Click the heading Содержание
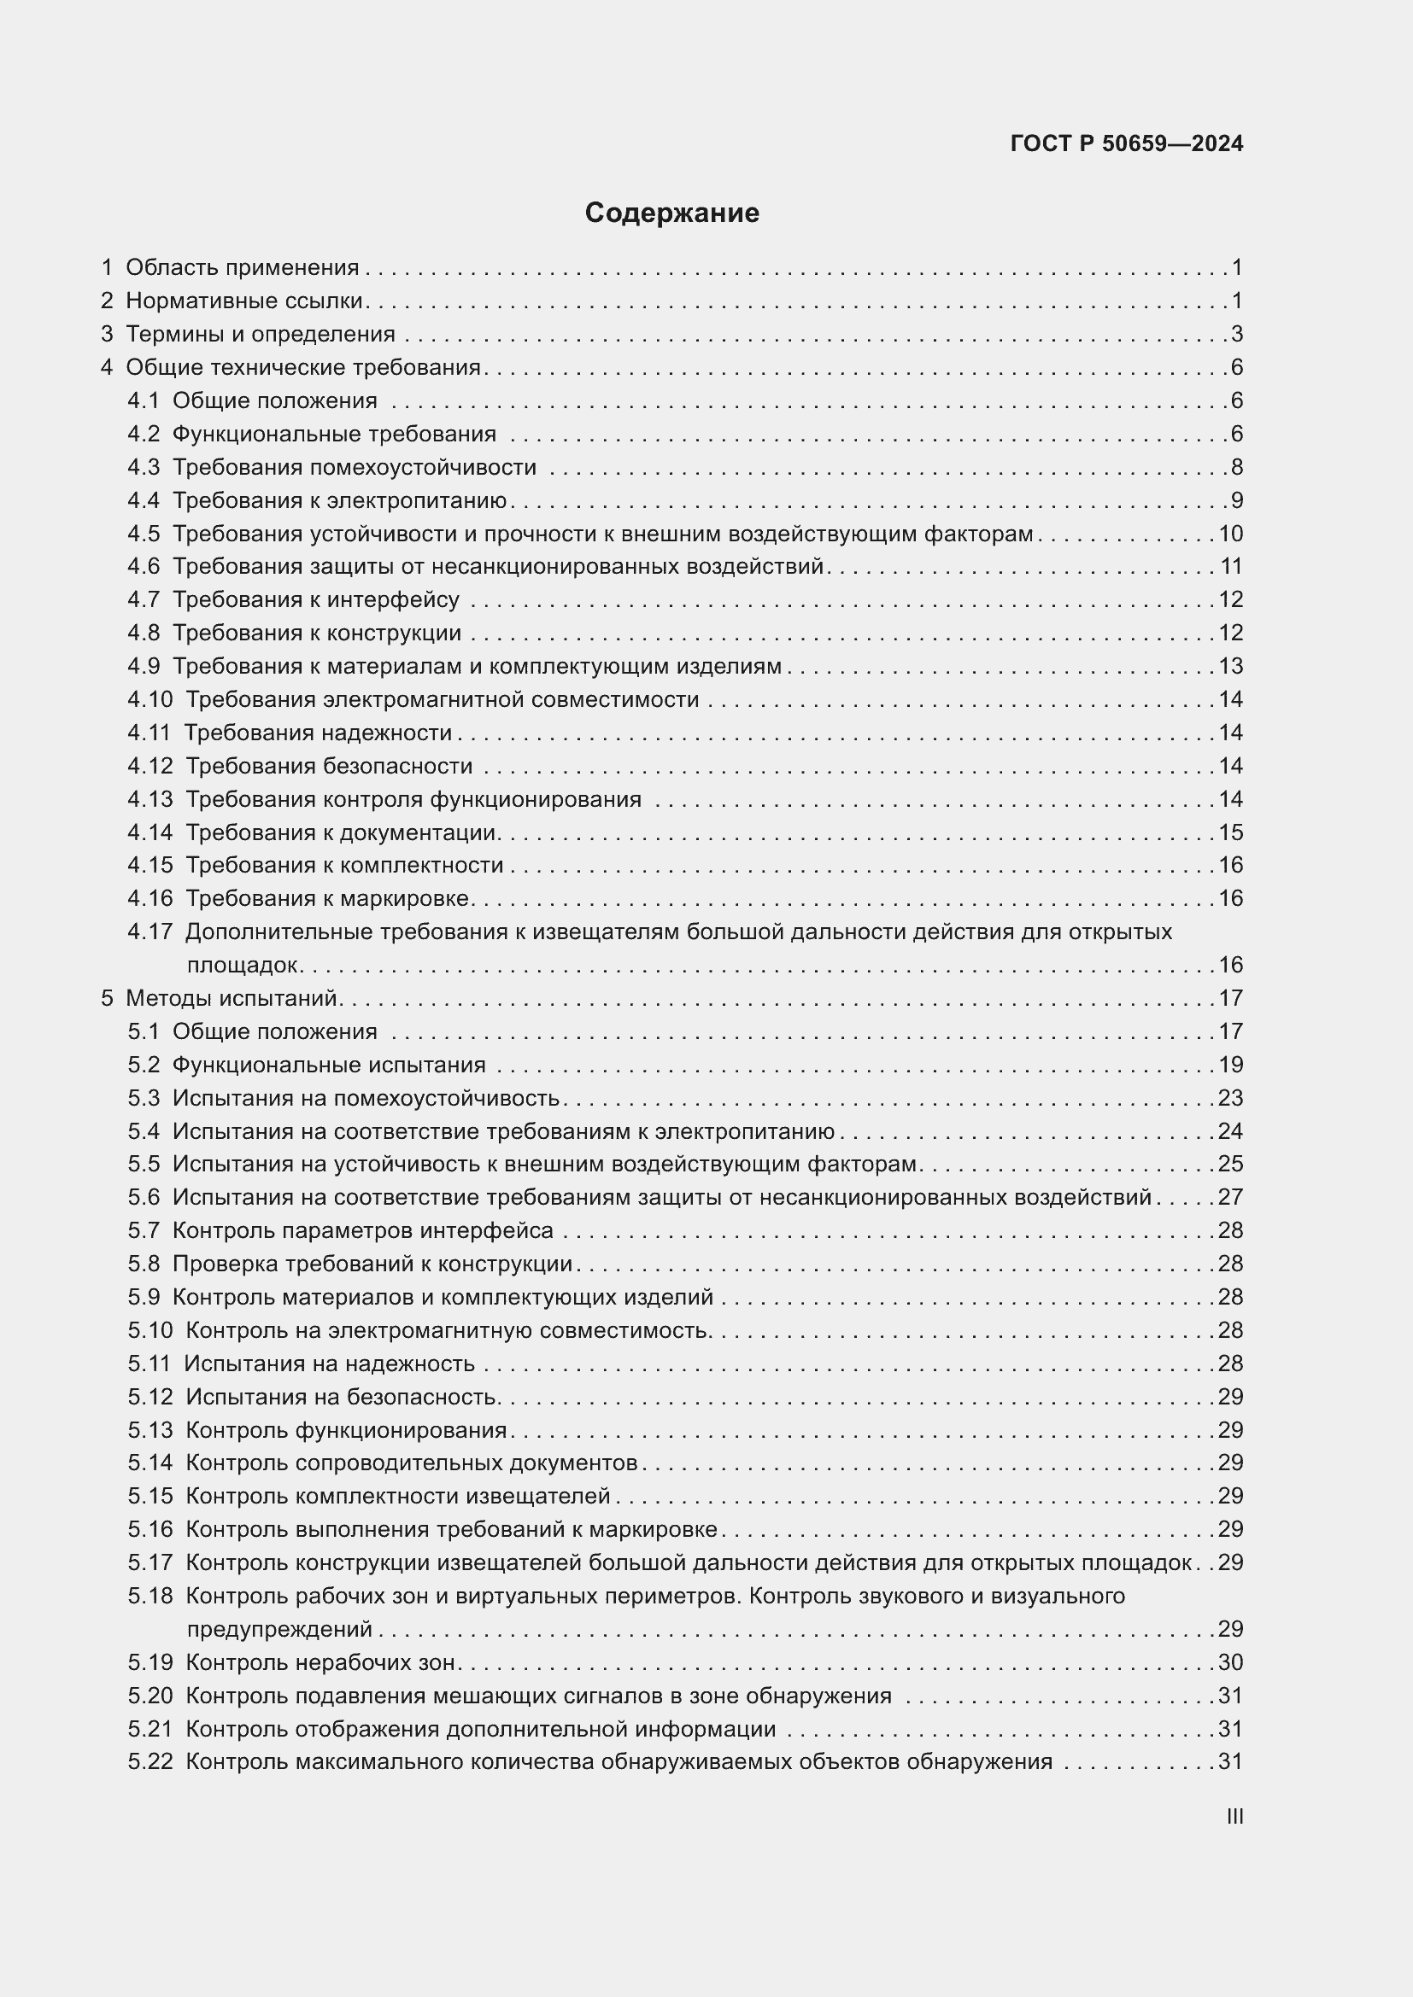(671, 213)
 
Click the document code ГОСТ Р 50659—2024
(1126, 143)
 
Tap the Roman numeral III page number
(1234, 1816)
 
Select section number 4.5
(144, 533)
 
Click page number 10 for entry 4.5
(1230, 533)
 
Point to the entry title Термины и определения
(261, 334)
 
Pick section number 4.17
(150, 931)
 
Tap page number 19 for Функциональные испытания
(1230, 1065)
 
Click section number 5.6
(144, 1197)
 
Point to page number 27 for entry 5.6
(1230, 1197)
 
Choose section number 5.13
(150, 1430)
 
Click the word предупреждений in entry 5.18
(279, 1629)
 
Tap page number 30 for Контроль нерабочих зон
(1230, 1662)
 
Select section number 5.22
(150, 1761)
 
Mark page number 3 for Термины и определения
(1236, 334)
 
